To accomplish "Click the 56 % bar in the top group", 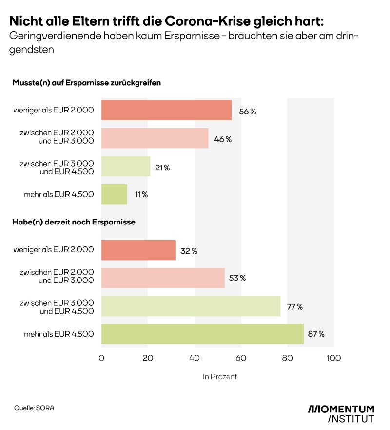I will [x=166, y=110].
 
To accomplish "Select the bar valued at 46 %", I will [x=155, y=138].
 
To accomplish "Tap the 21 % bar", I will [x=126, y=167].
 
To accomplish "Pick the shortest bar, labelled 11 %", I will [x=114, y=194].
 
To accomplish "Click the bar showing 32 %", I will [x=138, y=250].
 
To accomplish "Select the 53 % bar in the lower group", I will [x=163, y=278].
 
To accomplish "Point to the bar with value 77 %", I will [x=191, y=306].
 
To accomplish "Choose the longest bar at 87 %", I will [x=202, y=334].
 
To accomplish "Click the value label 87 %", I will [x=316, y=334].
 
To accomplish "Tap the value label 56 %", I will [x=247, y=112].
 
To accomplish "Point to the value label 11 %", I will [x=141, y=194].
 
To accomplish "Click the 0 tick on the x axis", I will [x=101, y=358].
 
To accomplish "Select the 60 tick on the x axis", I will [x=241, y=358].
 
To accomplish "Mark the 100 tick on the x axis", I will [x=333, y=358].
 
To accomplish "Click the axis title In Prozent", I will [x=220, y=376].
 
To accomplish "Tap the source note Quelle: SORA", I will [x=34, y=408].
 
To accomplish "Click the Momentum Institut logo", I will [x=341, y=413].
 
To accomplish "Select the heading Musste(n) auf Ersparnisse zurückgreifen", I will [x=86, y=83].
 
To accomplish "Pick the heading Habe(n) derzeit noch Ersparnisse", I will [x=74, y=222].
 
